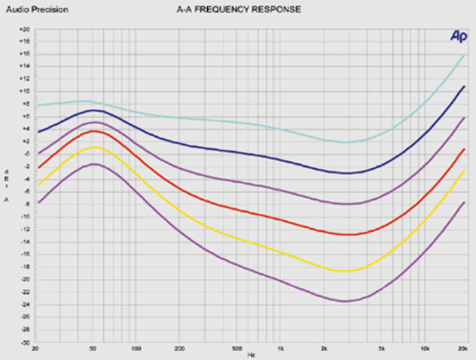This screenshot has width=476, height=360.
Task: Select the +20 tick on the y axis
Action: [24, 29]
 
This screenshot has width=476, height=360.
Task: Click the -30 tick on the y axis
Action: [24, 342]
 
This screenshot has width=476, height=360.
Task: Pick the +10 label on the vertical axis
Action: [24, 91]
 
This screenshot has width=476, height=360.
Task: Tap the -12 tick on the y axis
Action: [24, 230]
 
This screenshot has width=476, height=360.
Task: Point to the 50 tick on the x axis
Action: [94, 349]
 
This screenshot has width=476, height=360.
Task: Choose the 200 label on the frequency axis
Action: [179, 349]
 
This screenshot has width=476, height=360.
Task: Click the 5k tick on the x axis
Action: [382, 349]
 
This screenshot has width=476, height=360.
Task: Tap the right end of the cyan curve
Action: [465, 55]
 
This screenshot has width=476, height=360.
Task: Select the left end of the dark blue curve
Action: [39, 132]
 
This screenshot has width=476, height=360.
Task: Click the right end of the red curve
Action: [465, 149]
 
